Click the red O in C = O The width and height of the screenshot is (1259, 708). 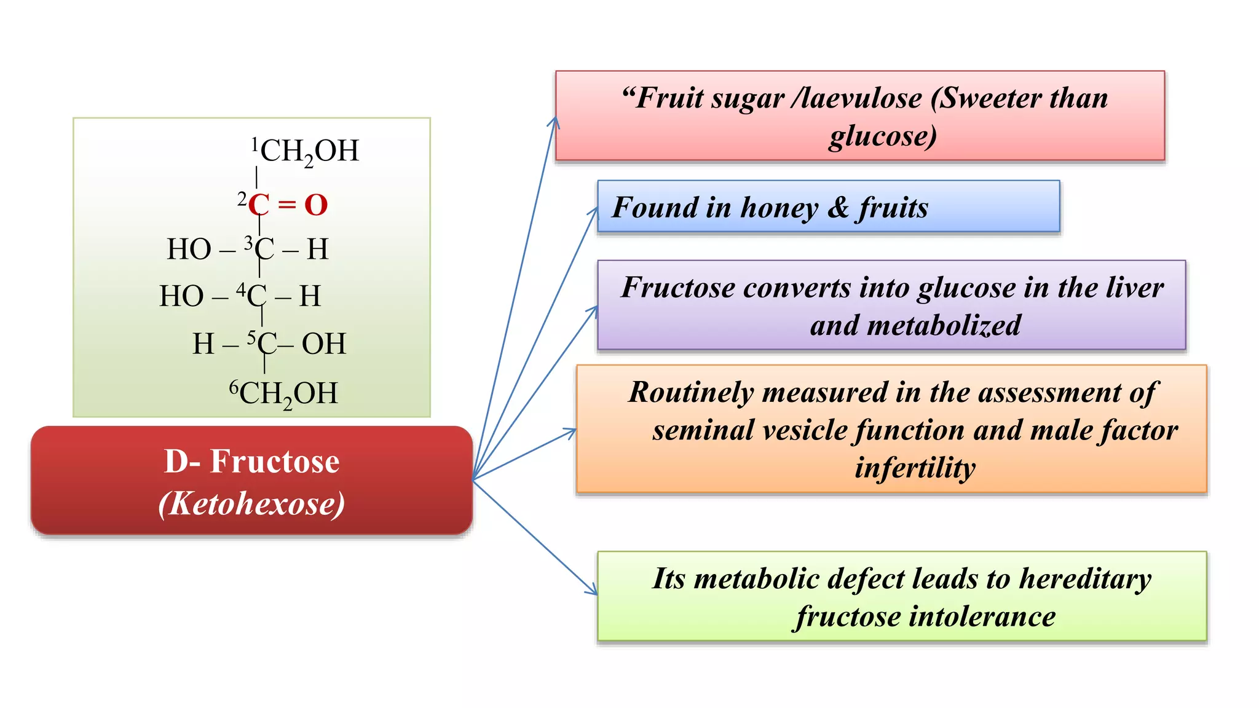pyautogui.click(x=316, y=205)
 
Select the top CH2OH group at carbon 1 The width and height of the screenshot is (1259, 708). pyautogui.click(x=309, y=151)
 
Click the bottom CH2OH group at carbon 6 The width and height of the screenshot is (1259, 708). pyautogui.click(x=288, y=394)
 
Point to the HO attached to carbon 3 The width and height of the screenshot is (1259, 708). pyautogui.click(x=189, y=250)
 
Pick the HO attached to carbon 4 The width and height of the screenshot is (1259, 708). pyautogui.click(x=181, y=296)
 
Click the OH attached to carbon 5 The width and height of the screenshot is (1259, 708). pyautogui.click(x=323, y=344)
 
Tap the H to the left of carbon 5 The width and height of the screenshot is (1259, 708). pyautogui.click(x=203, y=344)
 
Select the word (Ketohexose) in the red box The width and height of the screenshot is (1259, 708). pyautogui.click(x=251, y=503)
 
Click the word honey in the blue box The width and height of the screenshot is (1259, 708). pyautogui.click(x=779, y=208)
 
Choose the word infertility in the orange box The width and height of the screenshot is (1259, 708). pyautogui.click(x=915, y=468)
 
